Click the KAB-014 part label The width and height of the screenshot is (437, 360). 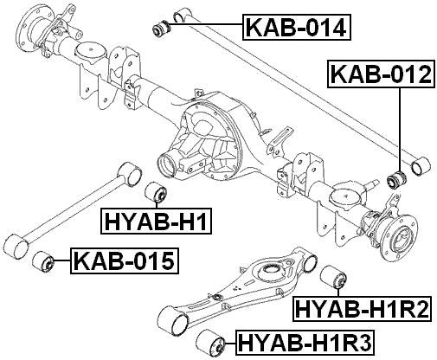tap(297, 27)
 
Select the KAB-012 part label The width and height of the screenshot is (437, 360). tap(381, 74)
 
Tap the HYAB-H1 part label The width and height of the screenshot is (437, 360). tap(156, 221)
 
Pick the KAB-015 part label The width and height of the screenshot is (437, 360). tap(125, 260)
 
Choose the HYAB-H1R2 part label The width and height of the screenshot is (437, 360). tap(363, 309)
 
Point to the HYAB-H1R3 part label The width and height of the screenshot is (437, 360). tap(305, 343)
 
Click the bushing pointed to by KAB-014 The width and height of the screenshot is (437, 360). tap(162, 28)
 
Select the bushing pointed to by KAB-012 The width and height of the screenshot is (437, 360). tap(396, 179)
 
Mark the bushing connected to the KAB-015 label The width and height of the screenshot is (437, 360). tap(43, 261)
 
